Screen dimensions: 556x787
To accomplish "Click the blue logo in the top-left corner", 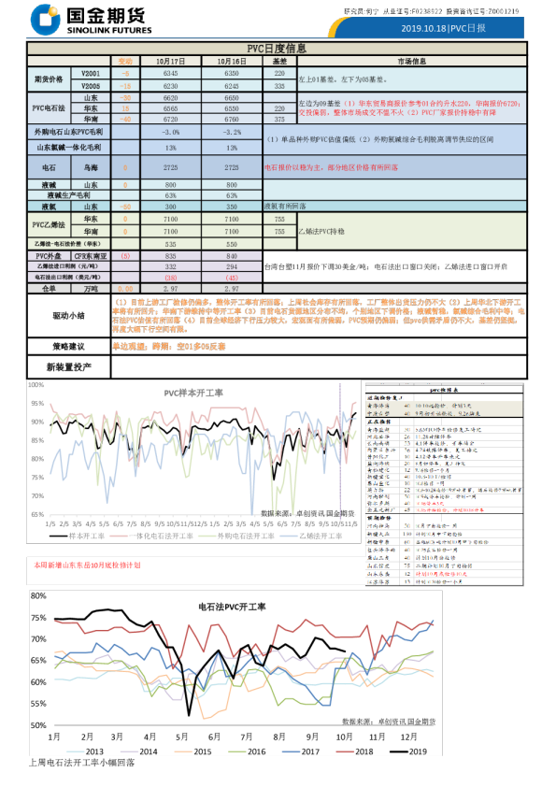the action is click(x=44, y=18).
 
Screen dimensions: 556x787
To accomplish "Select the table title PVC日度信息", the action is click(x=277, y=48).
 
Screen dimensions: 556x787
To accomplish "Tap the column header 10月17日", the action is click(x=171, y=60).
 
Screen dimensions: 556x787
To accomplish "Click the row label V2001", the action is click(x=92, y=72).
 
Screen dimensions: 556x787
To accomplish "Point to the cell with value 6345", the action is click(x=171, y=72).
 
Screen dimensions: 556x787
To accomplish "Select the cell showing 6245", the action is click(x=237, y=84).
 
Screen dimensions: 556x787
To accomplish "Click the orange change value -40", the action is click(x=125, y=120).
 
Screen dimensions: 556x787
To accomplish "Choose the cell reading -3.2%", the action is click(x=237, y=133).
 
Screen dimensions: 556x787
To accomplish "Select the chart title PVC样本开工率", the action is click(x=193, y=393).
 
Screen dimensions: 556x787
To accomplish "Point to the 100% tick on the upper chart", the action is click(x=36, y=384).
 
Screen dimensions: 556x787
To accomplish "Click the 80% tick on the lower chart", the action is click(x=38, y=595).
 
